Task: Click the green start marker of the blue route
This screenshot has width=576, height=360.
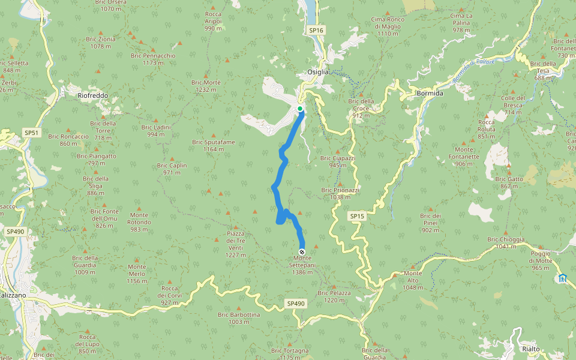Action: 300,109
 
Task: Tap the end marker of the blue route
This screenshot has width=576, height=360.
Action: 301,252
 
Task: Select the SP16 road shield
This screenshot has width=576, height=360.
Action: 316,30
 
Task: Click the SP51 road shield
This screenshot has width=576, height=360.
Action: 31,133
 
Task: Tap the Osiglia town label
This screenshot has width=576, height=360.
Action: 318,72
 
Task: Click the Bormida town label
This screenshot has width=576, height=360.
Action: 430,94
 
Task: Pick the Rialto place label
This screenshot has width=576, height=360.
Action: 530,349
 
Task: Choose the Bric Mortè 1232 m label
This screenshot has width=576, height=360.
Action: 206,86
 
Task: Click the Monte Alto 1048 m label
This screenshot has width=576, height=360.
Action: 412,281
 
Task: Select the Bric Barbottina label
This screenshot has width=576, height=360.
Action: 238,318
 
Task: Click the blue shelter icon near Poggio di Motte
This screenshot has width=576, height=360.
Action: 562,278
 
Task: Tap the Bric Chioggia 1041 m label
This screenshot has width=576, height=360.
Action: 506,243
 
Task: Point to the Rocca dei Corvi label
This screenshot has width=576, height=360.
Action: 170,295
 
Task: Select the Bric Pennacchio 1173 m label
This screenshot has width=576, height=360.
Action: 153,59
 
